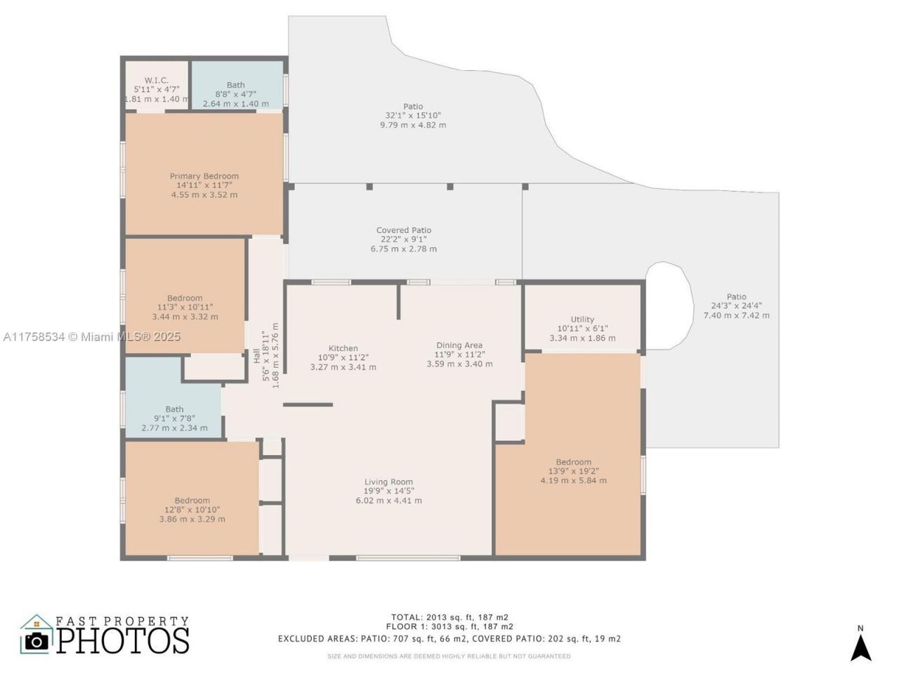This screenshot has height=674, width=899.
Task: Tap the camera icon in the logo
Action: tap(37, 640)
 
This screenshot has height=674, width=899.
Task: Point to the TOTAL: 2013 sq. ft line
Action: tap(449, 617)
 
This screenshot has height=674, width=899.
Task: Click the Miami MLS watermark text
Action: tap(91, 337)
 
